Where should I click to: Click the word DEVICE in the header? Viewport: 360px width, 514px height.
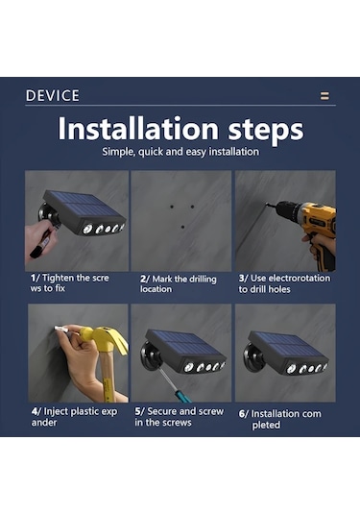click(53, 96)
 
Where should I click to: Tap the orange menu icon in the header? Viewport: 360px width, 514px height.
click(324, 96)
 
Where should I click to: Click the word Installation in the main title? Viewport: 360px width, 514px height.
click(138, 128)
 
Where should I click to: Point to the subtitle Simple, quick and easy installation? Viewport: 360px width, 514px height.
click(180, 152)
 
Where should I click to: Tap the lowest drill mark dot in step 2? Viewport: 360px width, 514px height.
click(182, 227)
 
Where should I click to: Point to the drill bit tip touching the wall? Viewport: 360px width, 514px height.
click(266, 205)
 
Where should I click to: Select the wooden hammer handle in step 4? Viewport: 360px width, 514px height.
click(107, 376)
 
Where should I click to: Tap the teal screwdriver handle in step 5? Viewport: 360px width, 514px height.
click(181, 394)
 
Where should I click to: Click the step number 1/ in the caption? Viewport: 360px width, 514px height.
click(36, 278)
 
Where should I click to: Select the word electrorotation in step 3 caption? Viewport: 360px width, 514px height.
click(290, 279)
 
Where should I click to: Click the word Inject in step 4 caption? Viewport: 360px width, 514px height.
click(56, 412)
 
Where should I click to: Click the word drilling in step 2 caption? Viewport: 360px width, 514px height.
click(200, 280)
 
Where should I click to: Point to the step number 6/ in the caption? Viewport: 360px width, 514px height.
click(244, 414)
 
